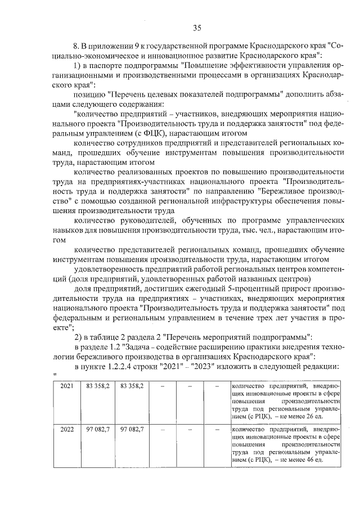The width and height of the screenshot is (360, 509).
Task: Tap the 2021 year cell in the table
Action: click(67, 386)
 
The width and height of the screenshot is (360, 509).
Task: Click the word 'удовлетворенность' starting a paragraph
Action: click(108, 269)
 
